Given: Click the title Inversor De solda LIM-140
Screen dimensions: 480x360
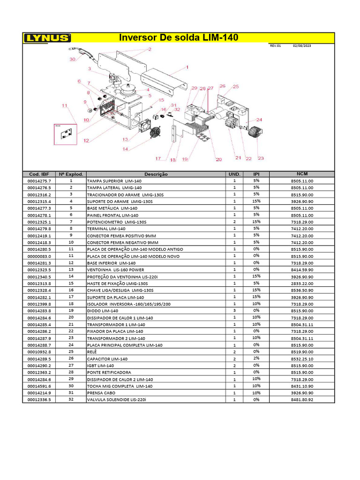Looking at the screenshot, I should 179,37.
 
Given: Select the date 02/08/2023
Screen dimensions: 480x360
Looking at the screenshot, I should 302,46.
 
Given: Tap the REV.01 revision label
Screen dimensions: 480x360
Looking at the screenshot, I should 275,46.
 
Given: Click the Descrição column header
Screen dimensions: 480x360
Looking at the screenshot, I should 156,174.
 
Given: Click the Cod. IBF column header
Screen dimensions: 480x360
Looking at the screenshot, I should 39,174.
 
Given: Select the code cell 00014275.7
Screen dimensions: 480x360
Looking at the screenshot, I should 39,180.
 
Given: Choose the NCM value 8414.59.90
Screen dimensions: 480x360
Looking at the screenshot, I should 302,270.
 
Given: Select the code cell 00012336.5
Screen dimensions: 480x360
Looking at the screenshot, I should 39,400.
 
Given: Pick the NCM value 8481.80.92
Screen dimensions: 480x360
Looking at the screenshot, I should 302,400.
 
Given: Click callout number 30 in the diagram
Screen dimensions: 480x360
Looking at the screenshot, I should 72,60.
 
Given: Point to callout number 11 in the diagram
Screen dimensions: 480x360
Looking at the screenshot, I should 65,105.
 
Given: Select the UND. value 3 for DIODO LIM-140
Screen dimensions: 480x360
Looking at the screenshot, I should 234,311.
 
